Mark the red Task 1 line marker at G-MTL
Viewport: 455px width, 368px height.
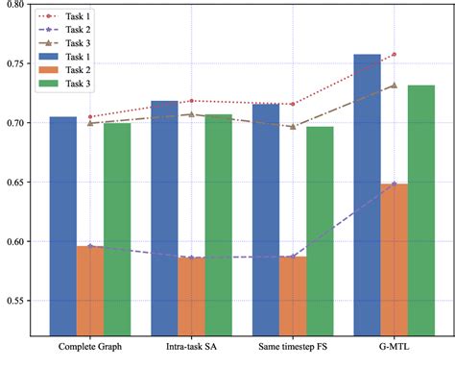tap(394, 55)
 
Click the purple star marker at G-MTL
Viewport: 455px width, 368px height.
tap(394, 183)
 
